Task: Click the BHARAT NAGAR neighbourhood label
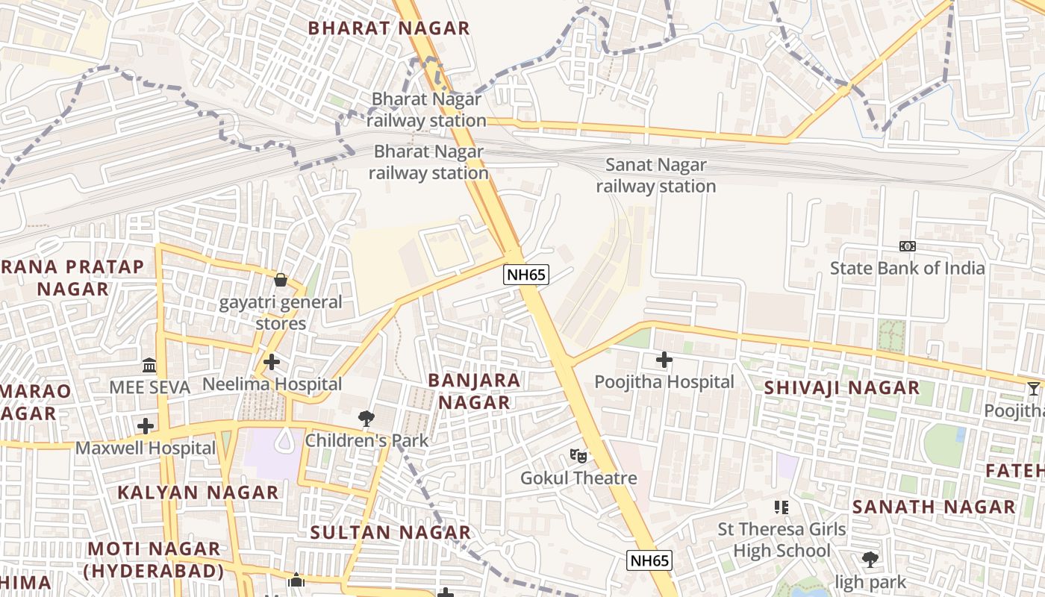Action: [x=389, y=28]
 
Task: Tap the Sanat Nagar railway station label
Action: [x=655, y=175]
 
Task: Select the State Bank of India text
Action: [x=907, y=268]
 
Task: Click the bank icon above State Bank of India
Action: [x=907, y=246]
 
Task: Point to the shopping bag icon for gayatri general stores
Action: [x=281, y=280]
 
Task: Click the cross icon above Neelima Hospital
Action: [x=272, y=362]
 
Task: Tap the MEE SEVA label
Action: [x=149, y=387]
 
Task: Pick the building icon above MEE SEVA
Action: [x=149, y=366]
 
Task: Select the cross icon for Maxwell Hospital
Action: [x=146, y=426]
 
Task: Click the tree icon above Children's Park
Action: [x=366, y=419]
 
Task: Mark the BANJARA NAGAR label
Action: [x=474, y=391]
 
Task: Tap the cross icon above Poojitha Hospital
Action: [x=664, y=360]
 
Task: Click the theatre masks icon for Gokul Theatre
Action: [x=578, y=455]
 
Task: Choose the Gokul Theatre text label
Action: [x=578, y=478]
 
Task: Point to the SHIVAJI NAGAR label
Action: [x=842, y=388]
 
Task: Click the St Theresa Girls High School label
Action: [x=782, y=540]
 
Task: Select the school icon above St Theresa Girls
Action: [x=782, y=507]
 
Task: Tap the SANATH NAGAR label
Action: [x=934, y=507]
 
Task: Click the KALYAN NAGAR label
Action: [x=198, y=493]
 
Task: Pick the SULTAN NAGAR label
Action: [x=390, y=532]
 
